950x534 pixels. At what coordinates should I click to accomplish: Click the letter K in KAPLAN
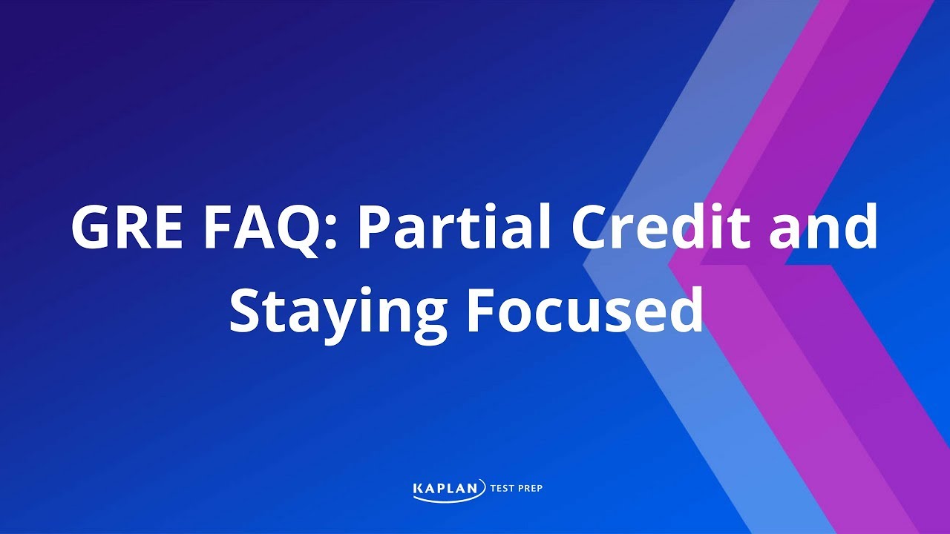(x=418, y=488)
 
